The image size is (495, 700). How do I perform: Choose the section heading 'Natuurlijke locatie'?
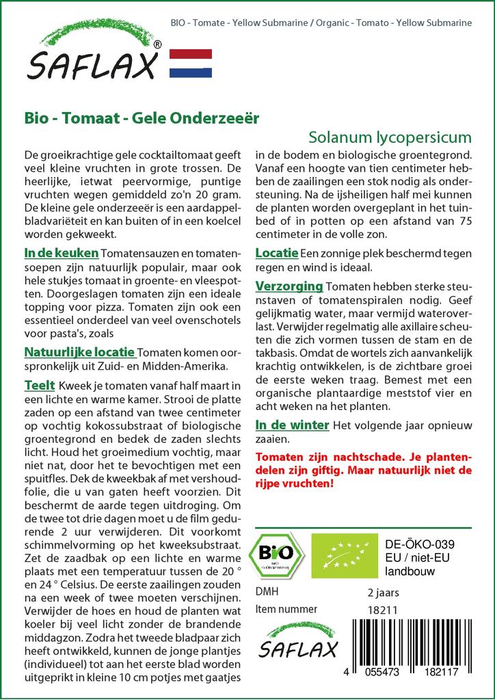point(79,353)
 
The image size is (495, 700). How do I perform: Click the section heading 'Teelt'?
point(40,386)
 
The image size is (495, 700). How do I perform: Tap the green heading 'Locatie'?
point(276,253)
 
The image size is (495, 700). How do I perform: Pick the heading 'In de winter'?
point(292,425)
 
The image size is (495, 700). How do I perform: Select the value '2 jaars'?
point(383,592)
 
